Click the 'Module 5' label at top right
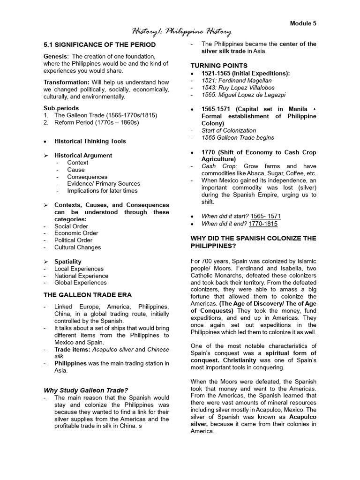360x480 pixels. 303,23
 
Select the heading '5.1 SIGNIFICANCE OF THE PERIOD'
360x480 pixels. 99,45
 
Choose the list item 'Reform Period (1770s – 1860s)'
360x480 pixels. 97,122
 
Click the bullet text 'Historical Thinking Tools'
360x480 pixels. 90,141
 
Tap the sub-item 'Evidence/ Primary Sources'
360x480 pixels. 103,184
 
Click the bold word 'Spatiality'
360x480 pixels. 67,262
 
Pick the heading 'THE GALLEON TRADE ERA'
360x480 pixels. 88,295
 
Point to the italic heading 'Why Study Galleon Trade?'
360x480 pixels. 86,390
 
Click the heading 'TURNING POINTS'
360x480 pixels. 218,65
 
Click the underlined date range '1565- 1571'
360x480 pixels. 266,216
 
